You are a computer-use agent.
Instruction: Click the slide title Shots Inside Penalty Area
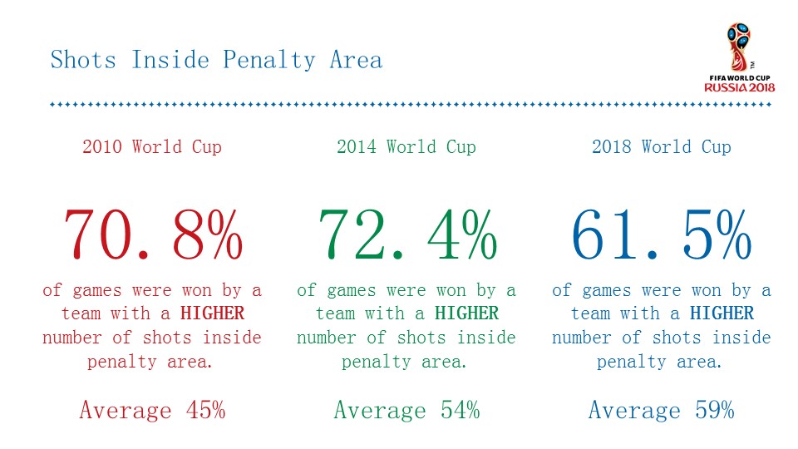tap(216, 61)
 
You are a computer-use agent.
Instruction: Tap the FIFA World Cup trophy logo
tap(738, 46)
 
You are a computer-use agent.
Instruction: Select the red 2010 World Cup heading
tap(152, 147)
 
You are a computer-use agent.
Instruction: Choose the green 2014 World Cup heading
tap(406, 147)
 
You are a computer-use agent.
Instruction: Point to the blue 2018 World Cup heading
tap(662, 147)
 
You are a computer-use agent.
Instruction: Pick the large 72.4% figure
tap(406, 234)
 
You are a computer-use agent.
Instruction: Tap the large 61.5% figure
tap(662, 234)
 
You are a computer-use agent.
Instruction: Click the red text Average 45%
tap(152, 410)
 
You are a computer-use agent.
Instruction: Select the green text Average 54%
tap(406, 410)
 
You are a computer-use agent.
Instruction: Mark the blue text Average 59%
tap(662, 410)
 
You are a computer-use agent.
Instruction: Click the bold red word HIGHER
tap(213, 313)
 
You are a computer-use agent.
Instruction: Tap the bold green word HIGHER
tap(467, 313)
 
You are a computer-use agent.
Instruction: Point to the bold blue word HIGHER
tap(722, 313)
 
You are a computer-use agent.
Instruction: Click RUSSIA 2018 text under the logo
tap(740, 87)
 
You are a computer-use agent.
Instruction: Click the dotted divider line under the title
tap(411, 105)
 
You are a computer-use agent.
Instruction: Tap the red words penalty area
tap(150, 362)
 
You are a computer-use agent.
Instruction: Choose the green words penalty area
tap(405, 362)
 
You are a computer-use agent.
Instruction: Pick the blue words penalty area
tap(660, 362)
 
